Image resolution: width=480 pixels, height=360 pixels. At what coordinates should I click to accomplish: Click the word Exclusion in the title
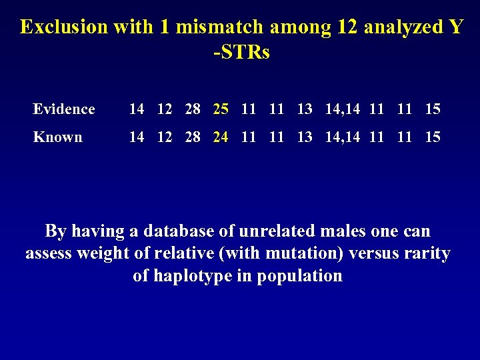[63, 27]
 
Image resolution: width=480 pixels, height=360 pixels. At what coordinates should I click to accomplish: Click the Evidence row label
[64, 109]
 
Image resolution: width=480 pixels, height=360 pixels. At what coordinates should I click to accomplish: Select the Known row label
[58, 137]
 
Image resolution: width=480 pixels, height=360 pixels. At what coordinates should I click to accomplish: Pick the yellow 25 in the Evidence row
[221, 109]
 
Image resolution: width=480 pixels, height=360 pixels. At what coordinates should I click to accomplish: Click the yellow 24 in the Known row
[221, 137]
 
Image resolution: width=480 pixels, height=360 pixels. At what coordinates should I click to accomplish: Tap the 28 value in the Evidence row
[193, 109]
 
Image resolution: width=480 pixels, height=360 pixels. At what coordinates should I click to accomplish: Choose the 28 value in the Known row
[193, 137]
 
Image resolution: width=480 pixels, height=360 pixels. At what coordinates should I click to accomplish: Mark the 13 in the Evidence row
[305, 109]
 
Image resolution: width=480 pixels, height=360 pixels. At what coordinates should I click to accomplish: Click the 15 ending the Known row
[433, 137]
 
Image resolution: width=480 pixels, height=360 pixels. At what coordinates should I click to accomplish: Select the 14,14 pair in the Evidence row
[343, 109]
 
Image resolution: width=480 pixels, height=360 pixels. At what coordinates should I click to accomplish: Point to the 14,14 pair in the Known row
[343, 137]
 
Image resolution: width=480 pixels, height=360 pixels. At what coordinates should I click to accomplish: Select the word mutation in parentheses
[292, 254]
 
